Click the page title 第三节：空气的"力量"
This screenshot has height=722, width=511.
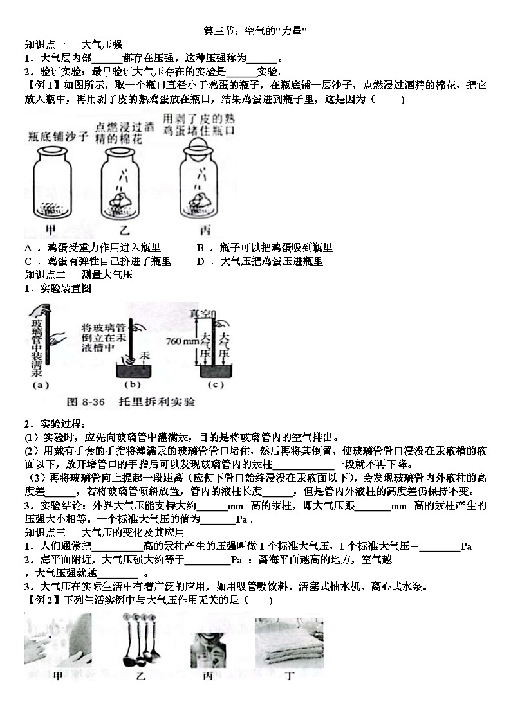[x=256, y=31]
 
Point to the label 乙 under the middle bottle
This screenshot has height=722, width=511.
[x=121, y=229]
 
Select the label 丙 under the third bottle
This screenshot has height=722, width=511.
[x=205, y=229]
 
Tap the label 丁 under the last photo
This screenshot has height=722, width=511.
[x=290, y=676]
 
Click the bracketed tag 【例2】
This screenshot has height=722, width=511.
[x=40, y=600]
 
